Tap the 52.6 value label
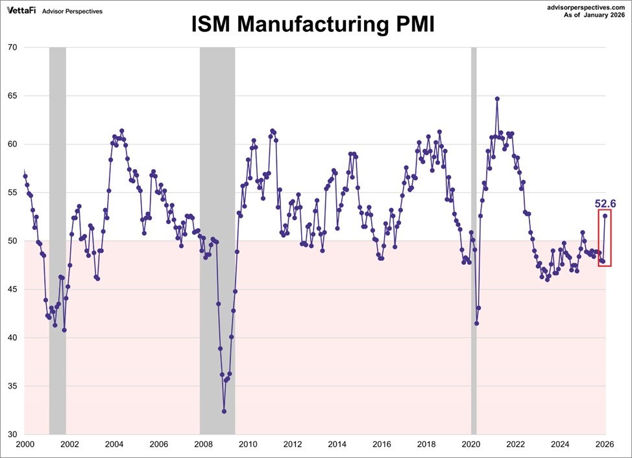605,203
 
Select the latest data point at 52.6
605,216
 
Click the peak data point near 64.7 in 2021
497,99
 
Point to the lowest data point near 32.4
224,411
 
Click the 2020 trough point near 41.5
476,323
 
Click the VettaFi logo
19,10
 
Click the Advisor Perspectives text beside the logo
72,11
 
